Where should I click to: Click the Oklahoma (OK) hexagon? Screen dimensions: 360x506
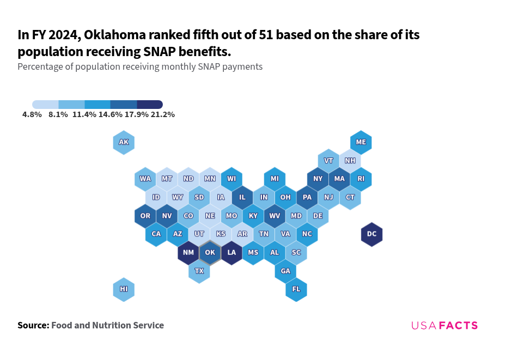coord(210,253)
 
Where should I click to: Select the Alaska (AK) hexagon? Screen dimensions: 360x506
coord(124,143)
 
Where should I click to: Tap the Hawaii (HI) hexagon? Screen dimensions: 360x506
coord(124,289)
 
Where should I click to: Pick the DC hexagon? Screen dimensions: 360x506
coord(371,234)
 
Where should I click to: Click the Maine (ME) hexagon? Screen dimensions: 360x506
coord(361,142)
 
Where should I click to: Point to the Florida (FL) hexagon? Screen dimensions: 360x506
coord(296,289)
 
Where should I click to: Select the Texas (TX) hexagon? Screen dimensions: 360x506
coord(199,271)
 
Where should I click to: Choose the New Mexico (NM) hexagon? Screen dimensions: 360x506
coord(188,253)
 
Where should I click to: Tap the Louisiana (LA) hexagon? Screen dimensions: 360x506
coord(231,253)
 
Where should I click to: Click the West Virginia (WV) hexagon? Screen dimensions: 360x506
coord(275,216)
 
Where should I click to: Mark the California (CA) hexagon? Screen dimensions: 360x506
coord(156,234)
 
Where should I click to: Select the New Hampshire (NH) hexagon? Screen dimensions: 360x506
coord(350,161)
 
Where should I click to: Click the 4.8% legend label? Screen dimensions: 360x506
coord(32,115)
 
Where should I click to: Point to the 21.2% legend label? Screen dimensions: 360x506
coord(162,115)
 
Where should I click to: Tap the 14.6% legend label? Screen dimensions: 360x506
coord(110,115)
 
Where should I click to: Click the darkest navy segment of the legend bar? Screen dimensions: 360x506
coord(150,105)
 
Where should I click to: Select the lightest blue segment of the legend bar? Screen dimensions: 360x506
coord(45,105)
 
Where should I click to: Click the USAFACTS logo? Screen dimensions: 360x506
coord(444,326)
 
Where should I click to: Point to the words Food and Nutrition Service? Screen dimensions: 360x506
coord(107,326)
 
